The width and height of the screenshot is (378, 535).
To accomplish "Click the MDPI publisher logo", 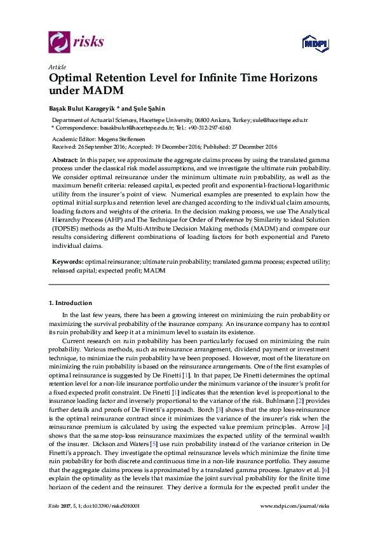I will click(314, 43).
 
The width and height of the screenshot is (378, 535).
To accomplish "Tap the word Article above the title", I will click(55, 67).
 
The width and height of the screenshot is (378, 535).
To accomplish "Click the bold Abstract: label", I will click(65, 157).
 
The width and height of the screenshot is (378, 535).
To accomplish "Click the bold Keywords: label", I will click(67, 261).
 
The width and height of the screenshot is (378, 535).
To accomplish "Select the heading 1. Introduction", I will click(71, 302).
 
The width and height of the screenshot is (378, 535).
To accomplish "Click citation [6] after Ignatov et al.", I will click(325, 468).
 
